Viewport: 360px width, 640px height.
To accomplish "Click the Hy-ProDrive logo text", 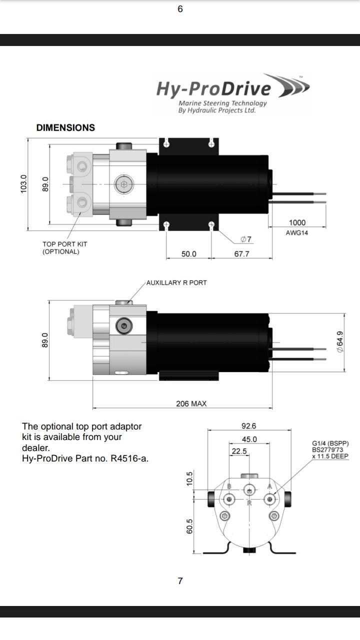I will point(213,89).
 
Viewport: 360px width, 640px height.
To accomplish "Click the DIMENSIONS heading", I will point(65,127).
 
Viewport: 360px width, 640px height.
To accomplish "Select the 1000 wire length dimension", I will point(297,222).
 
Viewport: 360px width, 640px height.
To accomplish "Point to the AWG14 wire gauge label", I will point(297,232).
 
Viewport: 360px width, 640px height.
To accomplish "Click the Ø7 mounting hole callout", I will point(245,239).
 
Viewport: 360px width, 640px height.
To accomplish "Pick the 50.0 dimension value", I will point(188,254).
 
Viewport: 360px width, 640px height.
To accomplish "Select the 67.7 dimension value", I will point(241,254).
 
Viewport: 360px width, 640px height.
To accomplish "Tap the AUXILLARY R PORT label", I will point(176,282).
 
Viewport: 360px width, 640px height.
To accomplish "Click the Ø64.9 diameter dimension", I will point(340,342).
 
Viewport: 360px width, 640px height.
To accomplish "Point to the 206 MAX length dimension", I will point(191,403).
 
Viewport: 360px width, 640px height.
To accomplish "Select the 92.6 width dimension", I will point(248,426).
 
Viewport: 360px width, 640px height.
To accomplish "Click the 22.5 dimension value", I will point(239,451).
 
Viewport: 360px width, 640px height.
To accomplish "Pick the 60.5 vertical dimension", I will point(189,526).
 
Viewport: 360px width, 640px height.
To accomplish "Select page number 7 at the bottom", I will point(180,580).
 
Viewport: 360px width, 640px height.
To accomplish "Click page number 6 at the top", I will point(180,9).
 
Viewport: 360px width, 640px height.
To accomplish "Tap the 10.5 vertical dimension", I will point(189,478).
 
